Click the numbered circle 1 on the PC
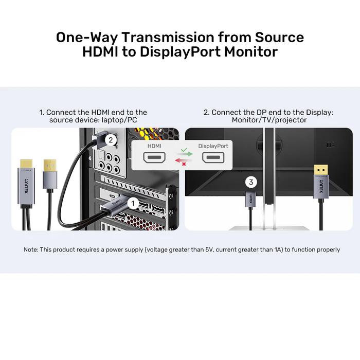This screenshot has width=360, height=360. point(132,204)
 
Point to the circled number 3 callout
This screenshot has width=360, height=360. point(251,182)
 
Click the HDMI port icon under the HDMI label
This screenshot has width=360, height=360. point(155,157)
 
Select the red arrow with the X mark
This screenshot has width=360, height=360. point(181,163)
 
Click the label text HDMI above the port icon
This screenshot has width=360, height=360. point(155,146)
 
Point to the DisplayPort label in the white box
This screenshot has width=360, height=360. point(213,146)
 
